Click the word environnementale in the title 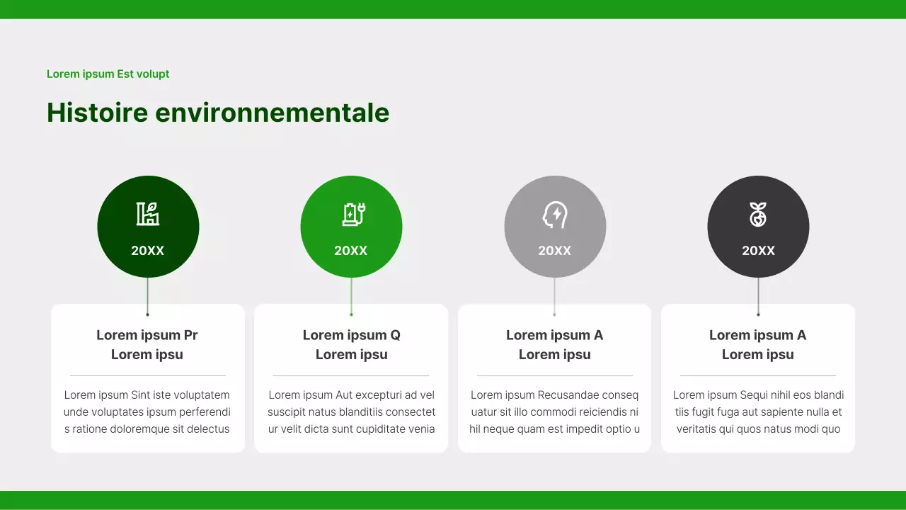point(272,113)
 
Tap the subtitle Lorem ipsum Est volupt point(108,74)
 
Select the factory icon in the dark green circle point(148,214)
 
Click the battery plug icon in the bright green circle point(352,214)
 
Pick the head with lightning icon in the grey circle point(555,214)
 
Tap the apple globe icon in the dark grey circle point(758,214)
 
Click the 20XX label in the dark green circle point(148,251)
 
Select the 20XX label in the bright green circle point(351,251)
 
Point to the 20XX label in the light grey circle point(555,251)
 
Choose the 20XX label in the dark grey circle point(758,251)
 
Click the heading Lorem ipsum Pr point(147,335)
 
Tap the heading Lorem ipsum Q point(351,335)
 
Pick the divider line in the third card point(555,375)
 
